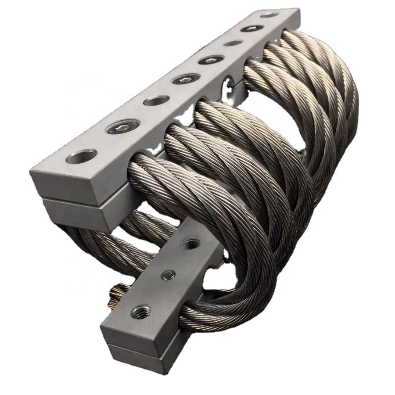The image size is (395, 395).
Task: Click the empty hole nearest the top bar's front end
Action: coord(82,156)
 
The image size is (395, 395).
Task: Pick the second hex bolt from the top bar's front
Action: coord(186,79)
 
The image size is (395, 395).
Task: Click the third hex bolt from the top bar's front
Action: coord(211,60)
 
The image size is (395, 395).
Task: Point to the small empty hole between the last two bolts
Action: coord(233,43)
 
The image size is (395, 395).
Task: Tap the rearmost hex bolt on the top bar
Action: coord(251,29)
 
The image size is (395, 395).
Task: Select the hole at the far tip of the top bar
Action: coord(269,15)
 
